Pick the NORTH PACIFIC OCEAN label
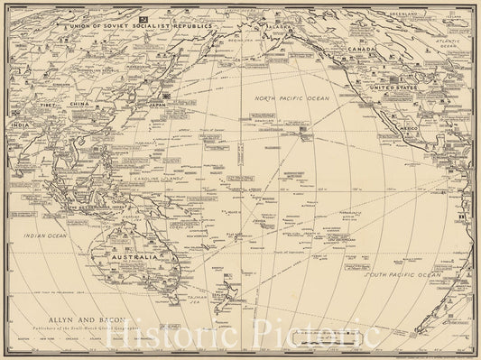[298, 96]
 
